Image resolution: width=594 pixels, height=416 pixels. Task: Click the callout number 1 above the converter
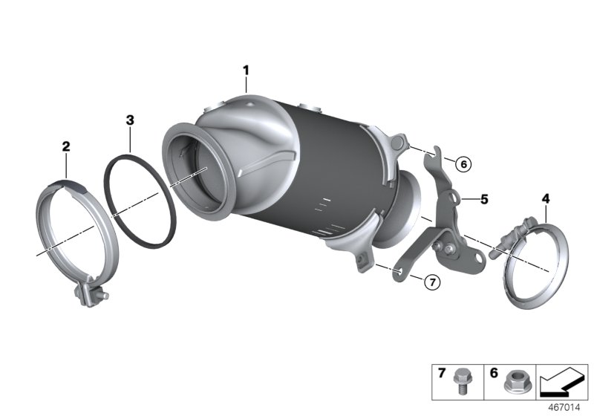[x=246, y=71]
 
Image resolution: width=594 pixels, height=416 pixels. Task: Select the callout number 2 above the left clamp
[x=65, y=147]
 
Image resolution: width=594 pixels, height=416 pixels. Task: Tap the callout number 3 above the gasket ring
[x=130, y=119]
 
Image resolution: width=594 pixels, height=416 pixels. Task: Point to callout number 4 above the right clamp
[x=546, y=198]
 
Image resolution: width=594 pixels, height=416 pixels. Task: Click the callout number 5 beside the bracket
[x=483, y=199]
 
